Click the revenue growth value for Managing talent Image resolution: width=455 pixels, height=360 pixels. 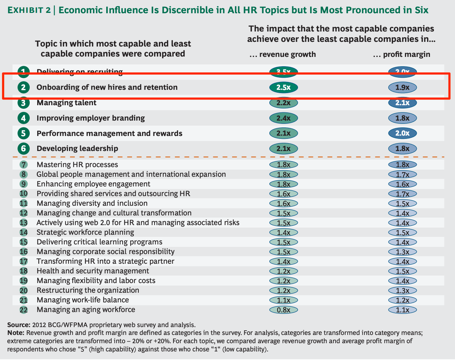[x=283, y=103]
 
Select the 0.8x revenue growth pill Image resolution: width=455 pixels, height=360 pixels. [x=283, y=310]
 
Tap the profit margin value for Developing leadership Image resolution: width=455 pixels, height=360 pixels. [x=402, y=149]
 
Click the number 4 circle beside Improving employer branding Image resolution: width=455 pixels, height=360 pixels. [x=24, y=118]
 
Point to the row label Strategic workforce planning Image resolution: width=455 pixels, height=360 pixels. [x=85, y=232]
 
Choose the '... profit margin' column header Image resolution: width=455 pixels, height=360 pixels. [x=401, y=54]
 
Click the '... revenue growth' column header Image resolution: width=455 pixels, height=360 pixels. [x=283, y=54]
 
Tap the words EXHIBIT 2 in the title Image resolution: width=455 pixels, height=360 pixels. [x=29, y=10]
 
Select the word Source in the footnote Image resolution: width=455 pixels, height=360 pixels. [x=18, y=325]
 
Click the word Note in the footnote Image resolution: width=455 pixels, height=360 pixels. [x=15, y=333]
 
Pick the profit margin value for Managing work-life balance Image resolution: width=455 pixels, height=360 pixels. [x=402, y=300]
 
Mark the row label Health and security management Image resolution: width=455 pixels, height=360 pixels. [x=93, y=271]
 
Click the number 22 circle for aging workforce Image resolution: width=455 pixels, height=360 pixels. [x=24, y=310]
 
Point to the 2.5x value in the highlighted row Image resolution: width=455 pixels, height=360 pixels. [x=283, y=87]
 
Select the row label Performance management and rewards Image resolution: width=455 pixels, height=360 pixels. [x=109, y=133]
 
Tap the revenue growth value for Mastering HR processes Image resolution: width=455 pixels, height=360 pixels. [x=283, y=165]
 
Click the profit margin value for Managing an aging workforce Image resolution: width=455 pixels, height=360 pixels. [x=402, y=310]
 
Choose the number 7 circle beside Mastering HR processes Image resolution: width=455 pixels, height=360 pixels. [x=24, y=165]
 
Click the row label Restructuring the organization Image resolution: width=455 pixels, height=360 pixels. [x=88, y=290]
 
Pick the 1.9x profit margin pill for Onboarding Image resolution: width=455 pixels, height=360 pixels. [x=402, y=87]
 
